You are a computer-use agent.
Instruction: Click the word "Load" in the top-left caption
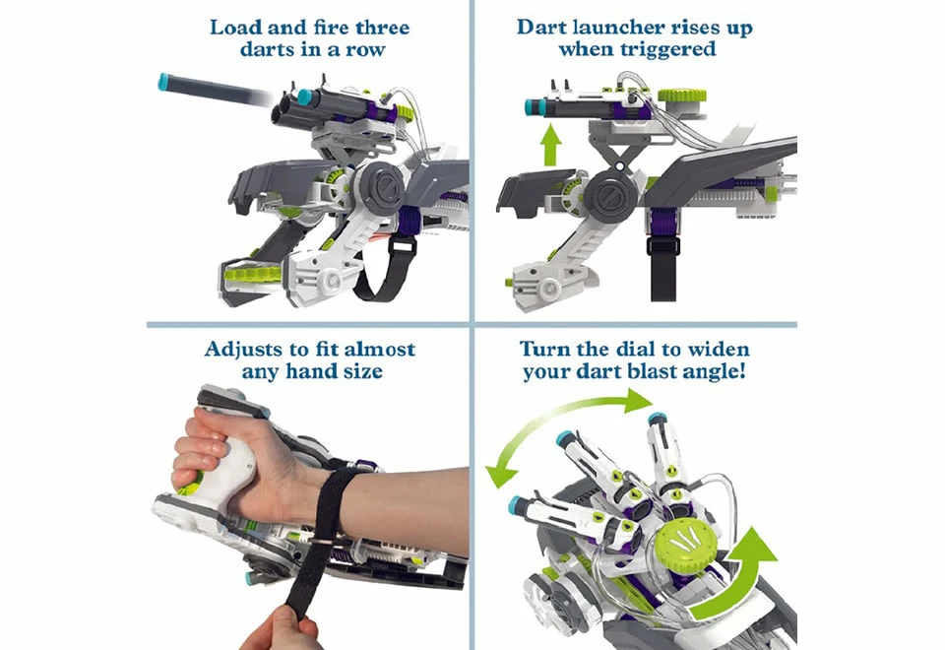[x=236, y=27]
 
